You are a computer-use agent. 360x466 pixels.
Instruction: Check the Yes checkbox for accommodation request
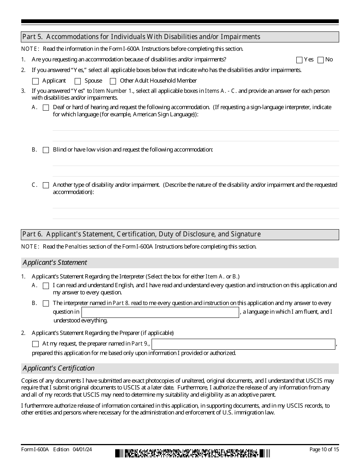point(299,60)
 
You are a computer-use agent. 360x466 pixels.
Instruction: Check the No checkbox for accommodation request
point(321,60)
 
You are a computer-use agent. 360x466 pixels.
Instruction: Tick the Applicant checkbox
point(36,81)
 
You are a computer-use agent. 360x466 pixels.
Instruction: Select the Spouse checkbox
point(78,81)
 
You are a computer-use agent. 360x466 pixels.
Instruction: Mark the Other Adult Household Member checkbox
point(113,81)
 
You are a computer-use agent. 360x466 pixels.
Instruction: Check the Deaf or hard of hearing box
point(46,108)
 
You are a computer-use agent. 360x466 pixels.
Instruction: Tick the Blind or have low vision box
point(46,150)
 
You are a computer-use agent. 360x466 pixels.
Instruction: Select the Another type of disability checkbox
point(46,185)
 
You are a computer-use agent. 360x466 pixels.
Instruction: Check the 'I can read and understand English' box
point(46,286)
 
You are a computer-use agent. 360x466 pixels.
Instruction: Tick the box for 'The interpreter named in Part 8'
point(46,303)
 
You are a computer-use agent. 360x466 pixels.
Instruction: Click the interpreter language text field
point(160,312)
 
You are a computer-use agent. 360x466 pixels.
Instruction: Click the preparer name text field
point(244,344)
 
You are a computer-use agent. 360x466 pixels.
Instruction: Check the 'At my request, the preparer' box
point(36,344)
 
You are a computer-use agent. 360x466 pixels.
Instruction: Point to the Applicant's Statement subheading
point(55,263)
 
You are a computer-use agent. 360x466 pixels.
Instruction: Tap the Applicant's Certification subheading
point(59,368)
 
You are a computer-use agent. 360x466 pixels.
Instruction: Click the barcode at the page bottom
point(193,453)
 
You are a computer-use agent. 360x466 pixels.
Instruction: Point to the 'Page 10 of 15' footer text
point(324,450)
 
